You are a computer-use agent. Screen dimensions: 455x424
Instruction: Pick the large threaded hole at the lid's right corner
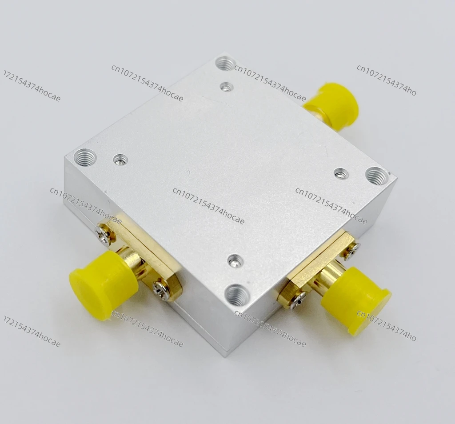pyautogui.click(x=376, y=176)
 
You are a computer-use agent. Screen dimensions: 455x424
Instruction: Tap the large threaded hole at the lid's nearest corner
pyautogui.click(x=237, y=296)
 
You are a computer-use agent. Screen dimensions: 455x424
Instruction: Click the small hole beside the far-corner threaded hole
pyautogui.click(x=226, y=86)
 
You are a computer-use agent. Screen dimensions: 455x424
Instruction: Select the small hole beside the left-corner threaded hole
pyautogui.click(x=120, y=159)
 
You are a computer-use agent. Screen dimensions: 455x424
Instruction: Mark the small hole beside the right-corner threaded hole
pyautogui.click(x=341, y=173)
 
